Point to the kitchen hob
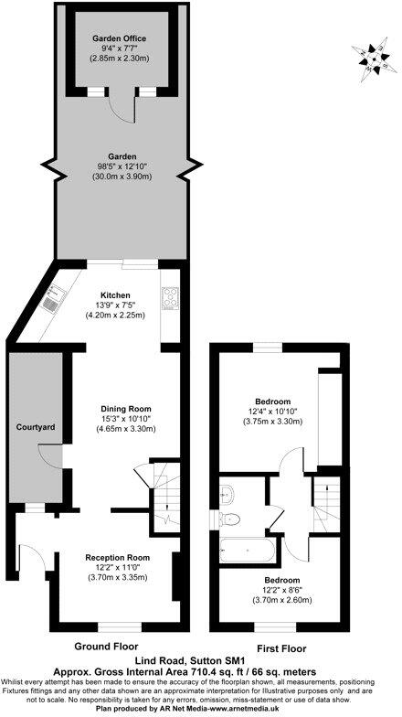170,296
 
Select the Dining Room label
124,408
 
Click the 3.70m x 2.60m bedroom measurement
282,600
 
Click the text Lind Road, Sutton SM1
201,658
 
